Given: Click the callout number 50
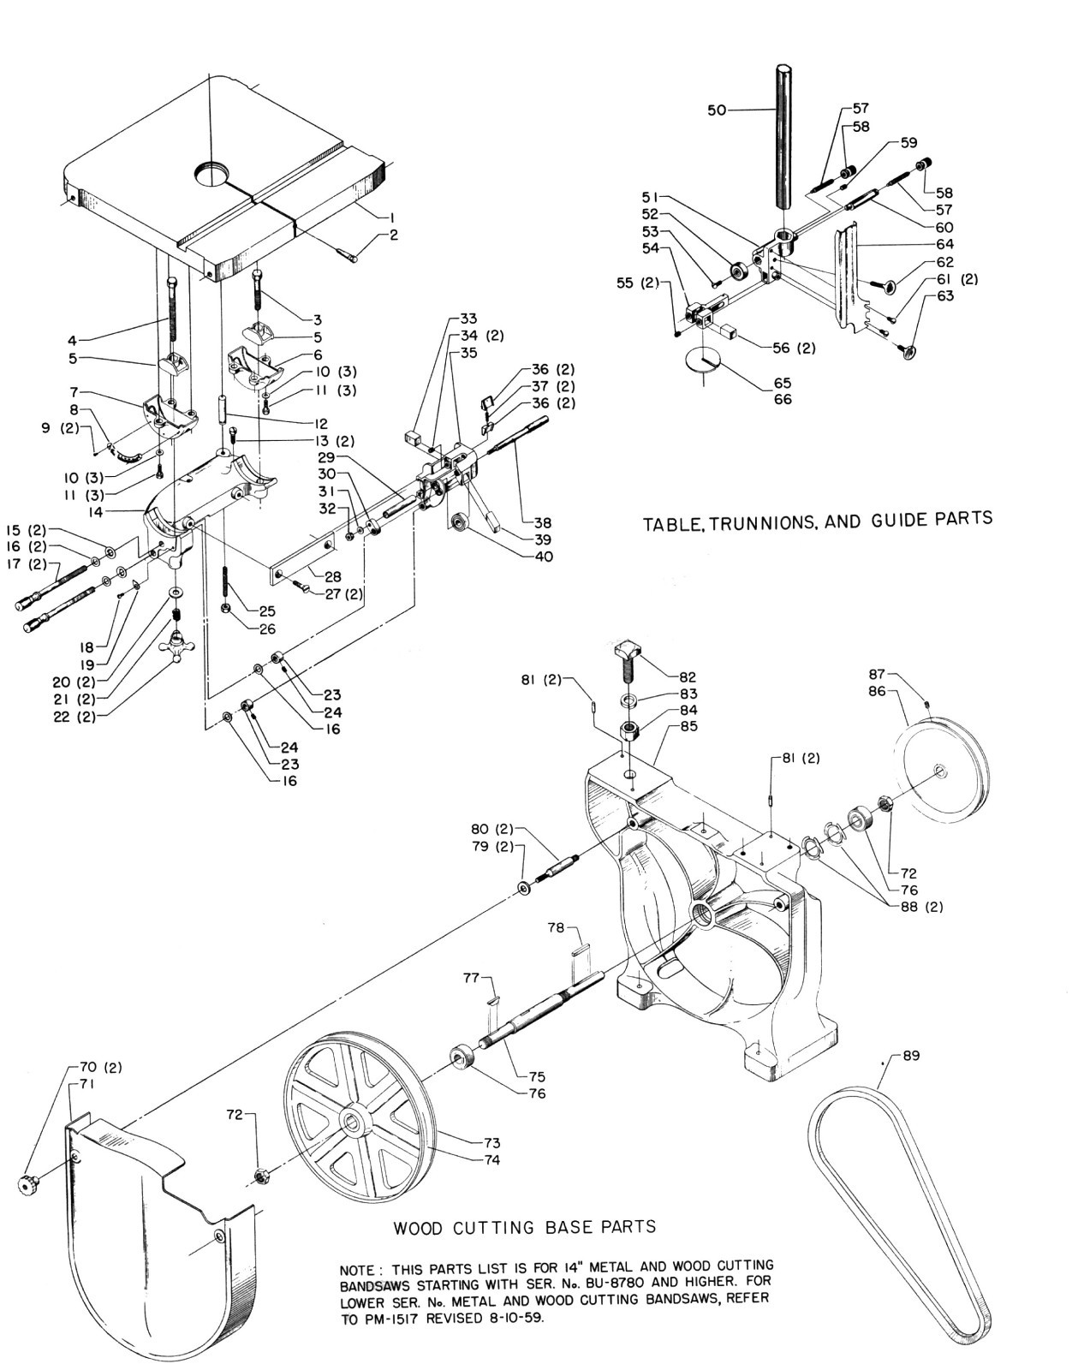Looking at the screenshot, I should (x=717, y=110).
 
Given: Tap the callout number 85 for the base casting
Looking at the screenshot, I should (x=688, y=726).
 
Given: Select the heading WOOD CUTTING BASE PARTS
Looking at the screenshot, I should (x=524, y=1227).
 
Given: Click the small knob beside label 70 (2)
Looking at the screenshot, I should (x=28, y=1184).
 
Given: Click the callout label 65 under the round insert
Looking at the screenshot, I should (x=782, y=383).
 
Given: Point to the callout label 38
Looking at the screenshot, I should (x=542, y=522).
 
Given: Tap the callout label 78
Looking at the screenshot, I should (x=557, y=927).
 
